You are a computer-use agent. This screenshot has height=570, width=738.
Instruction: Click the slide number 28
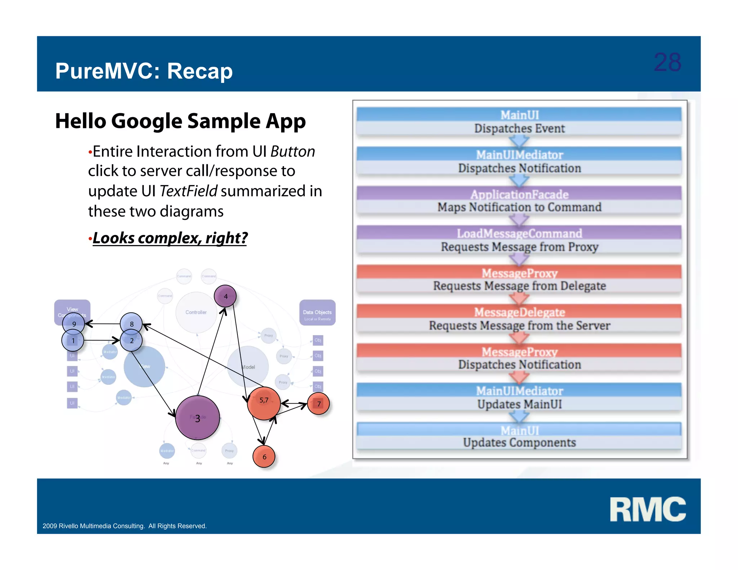[x=667, y=62]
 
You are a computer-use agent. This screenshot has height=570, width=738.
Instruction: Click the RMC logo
[x=648, y=509]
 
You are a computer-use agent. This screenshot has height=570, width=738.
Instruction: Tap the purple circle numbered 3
[x=197, y=418]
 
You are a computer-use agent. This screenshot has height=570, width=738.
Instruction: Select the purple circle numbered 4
[x=225, y=296]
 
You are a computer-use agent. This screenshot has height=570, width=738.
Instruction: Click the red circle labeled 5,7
[x=264, y=403]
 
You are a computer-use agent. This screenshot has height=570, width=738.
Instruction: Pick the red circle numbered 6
[x=264, y=457]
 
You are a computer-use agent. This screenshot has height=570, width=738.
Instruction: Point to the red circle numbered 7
[x=319, y=404]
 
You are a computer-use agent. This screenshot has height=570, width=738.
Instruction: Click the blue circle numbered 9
[x=74, y=324]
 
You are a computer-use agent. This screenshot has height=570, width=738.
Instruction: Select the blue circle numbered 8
[x=131, y=324]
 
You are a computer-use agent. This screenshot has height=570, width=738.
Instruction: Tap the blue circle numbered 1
[x=73, y=340]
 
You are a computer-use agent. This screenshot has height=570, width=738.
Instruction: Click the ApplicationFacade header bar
[x=519, y=194]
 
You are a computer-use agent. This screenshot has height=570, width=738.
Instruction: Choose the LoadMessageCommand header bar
[x=519, y=233]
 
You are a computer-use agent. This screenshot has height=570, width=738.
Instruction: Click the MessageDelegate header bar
[x=519, y=312]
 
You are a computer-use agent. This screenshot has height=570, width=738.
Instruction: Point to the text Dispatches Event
[x=519, y=128]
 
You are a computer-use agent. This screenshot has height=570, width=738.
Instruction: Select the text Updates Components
[x=519, y=442]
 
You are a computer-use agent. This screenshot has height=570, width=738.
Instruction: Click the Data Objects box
[x=317, y=313]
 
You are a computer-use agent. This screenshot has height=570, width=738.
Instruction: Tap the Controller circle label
[x=196, y=312]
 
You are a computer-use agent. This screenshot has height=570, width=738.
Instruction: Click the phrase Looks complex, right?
[x=170, y=238]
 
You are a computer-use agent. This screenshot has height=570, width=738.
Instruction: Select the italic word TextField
[x=188, y=191]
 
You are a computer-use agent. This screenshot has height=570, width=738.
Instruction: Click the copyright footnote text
[x=125, y=526]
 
